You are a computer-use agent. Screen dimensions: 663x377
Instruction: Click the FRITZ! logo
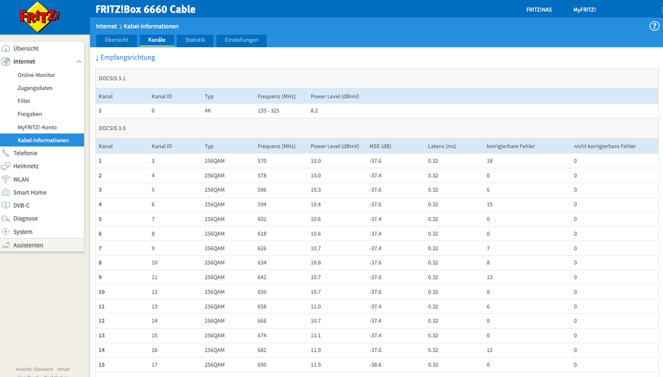(x=39, y=17)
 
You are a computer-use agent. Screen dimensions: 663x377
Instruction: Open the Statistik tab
(x=195, y=40)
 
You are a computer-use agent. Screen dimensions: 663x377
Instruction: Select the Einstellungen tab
(x=242, y=40)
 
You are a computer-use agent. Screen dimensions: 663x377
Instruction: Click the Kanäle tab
(x=157, y=40)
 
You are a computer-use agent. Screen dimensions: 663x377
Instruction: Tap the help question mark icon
(x=654, y=26)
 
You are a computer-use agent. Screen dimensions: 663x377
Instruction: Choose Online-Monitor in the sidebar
(x=37, y=75)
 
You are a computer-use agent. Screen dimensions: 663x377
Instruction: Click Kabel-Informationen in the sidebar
(x=43, y=140)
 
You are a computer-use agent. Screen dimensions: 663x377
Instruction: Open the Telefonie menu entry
(x=25, y=153)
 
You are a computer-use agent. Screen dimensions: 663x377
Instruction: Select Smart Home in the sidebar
(x=30, y=192)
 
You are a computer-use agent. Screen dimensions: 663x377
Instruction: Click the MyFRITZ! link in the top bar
(x=584, y=10)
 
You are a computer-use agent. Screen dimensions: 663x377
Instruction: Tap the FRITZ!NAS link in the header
(x=539, y=10)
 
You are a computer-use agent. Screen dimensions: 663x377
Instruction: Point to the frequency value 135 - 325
(x=269, y=111)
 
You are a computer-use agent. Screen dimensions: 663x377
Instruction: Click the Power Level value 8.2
(x=314, y=111)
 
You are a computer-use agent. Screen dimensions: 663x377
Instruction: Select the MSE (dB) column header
(x=380, y=146)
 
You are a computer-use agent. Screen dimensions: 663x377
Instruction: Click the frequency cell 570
(x=262, y=161)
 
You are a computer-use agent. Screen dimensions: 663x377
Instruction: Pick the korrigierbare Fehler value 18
(x=490, y=161)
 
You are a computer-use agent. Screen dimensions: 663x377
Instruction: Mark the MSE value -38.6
(x=376, y=365)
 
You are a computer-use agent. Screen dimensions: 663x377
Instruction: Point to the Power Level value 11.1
(x=316, y=336)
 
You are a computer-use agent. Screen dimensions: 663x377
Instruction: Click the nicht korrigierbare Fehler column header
(x=605, y=146)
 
